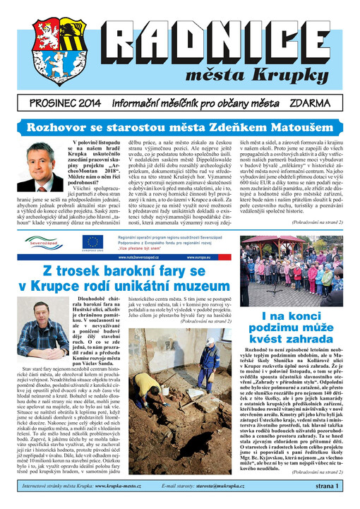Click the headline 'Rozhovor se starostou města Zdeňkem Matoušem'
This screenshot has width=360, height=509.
(180, 128)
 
